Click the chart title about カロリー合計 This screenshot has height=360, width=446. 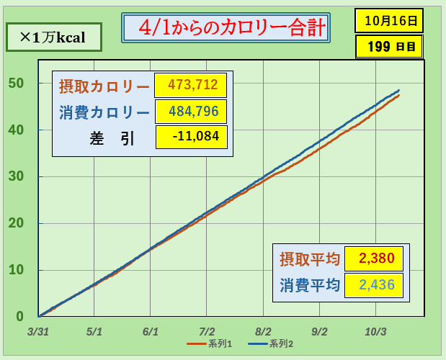225,29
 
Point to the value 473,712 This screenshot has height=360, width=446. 191,86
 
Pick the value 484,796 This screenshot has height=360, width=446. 191,112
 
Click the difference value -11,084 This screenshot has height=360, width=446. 191,137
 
